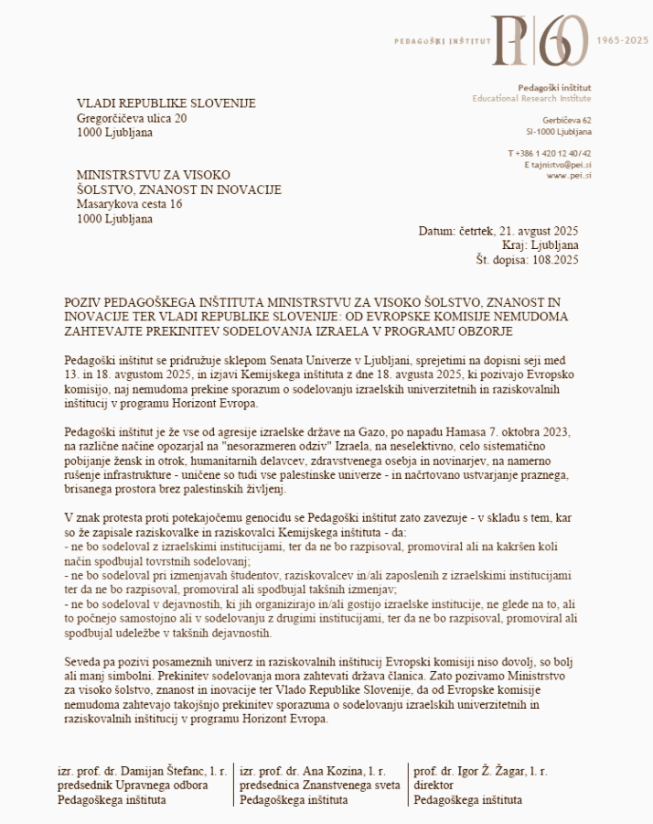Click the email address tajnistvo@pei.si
[561, 164]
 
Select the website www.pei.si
[569, 175]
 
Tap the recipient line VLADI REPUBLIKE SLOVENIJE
[166, 103]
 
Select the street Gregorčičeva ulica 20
[133, 118]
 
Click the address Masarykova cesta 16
[129, 204]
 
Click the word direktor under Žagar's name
[434, 786]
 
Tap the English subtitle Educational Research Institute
[531, 98]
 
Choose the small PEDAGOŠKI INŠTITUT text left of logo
[443, 41]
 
